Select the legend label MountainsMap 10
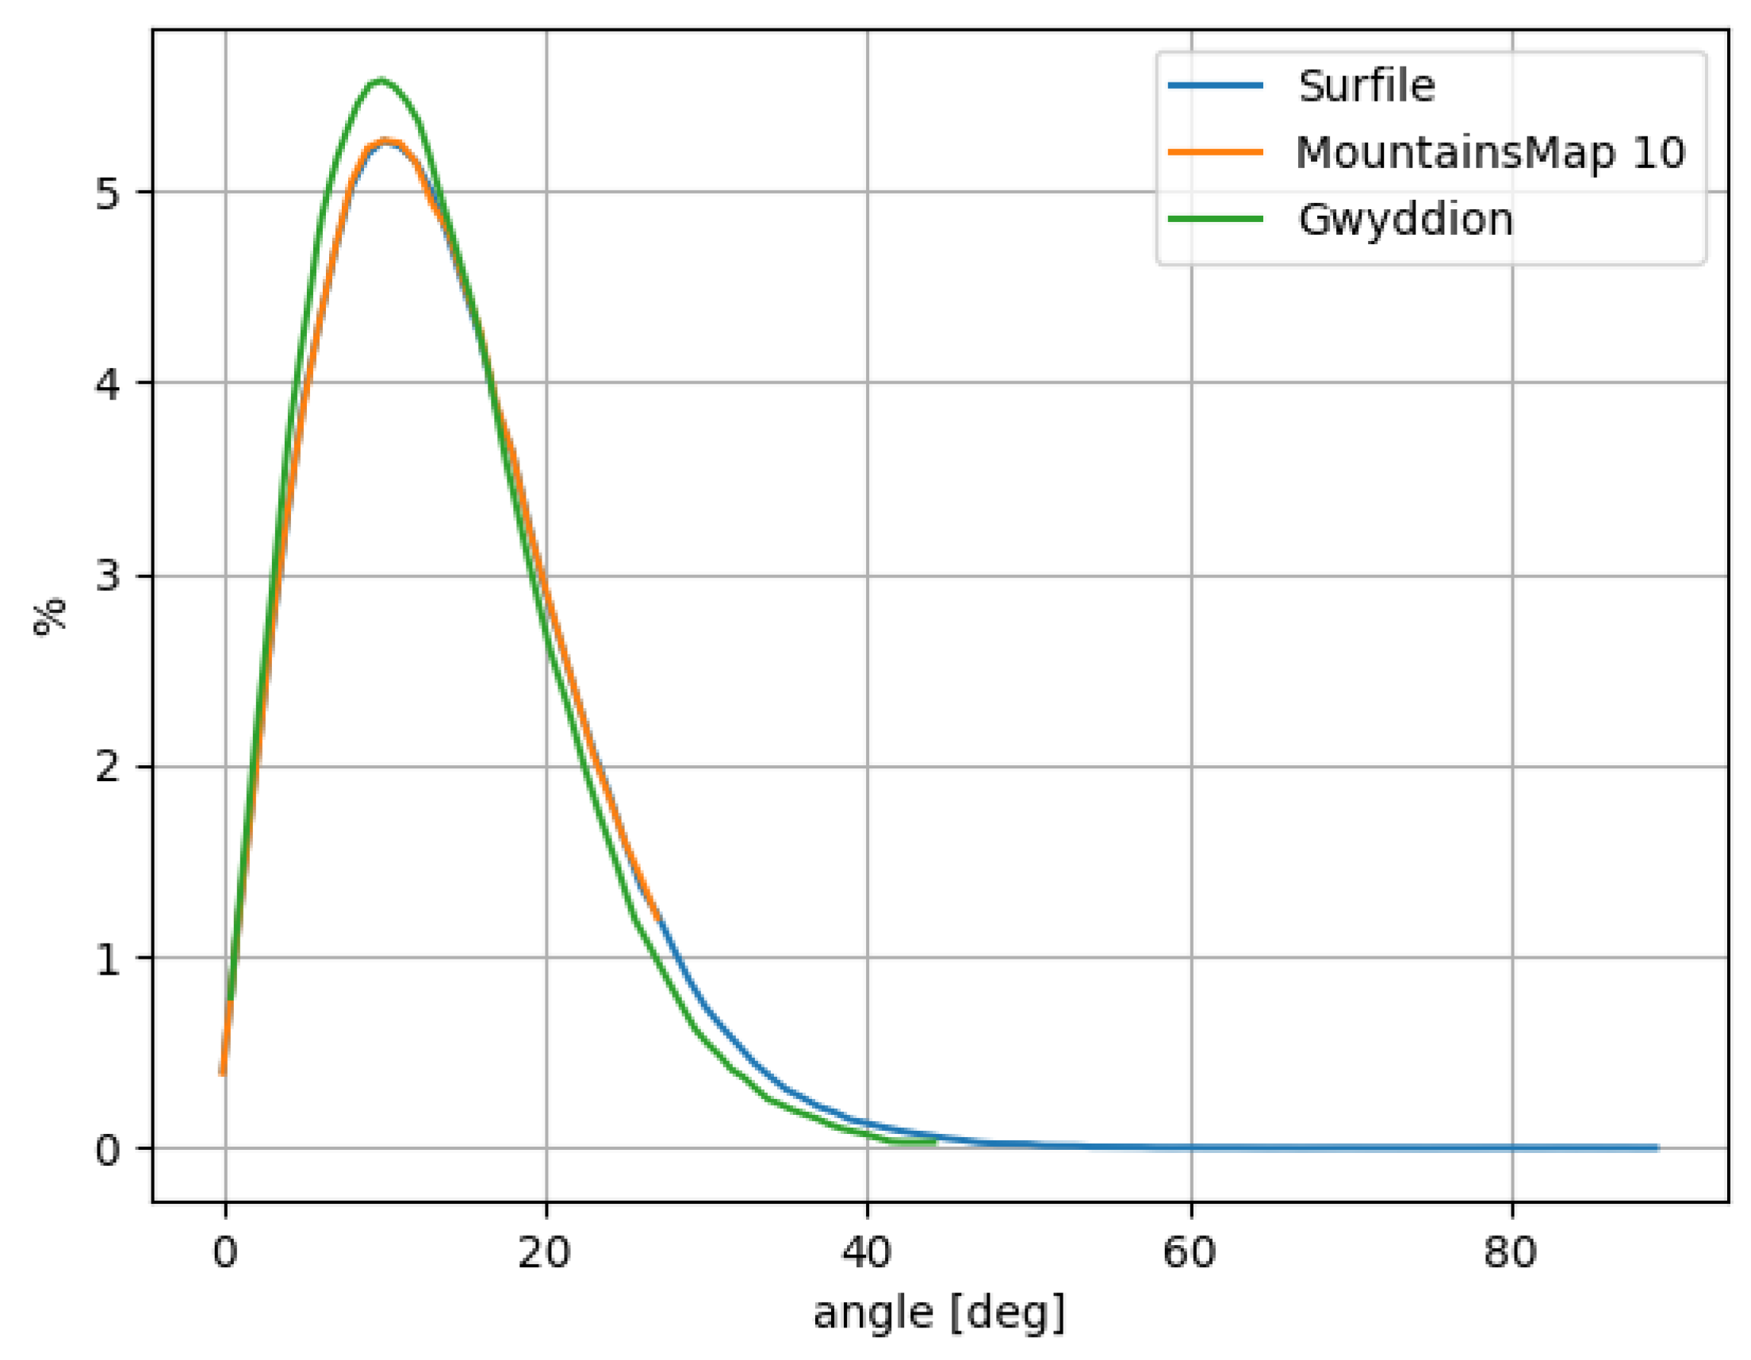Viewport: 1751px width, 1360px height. [x=1489, y=152]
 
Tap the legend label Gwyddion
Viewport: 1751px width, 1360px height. [x=1404, y=219]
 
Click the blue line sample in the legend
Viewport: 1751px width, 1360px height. [x=1216, y=86]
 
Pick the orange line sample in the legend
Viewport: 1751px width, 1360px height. [x=1216, y=152]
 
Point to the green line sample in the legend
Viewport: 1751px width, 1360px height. [x=1216, y=219]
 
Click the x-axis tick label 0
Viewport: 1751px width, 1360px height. [x=225, y=1251]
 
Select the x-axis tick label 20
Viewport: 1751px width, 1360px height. [x=544, y=1251]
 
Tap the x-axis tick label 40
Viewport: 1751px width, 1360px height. [x=867, y=1251]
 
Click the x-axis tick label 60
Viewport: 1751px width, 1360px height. [x=1190, y=1251]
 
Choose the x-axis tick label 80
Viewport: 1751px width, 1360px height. [x=1511, y=1251]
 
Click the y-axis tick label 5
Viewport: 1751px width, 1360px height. [x=107, y=193]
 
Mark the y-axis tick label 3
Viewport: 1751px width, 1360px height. [x=107, y=576]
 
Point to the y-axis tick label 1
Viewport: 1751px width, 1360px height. [x=107, y=958]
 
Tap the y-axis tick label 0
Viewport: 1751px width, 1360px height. [x=107, y=1150]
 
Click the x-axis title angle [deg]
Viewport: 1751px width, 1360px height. [x=939, y=1313]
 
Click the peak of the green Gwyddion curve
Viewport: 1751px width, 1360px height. [x=381, y=79]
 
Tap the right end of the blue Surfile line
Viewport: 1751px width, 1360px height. [x=1657, y=1147]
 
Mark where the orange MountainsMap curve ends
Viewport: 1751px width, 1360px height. [x=657, y=919]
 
